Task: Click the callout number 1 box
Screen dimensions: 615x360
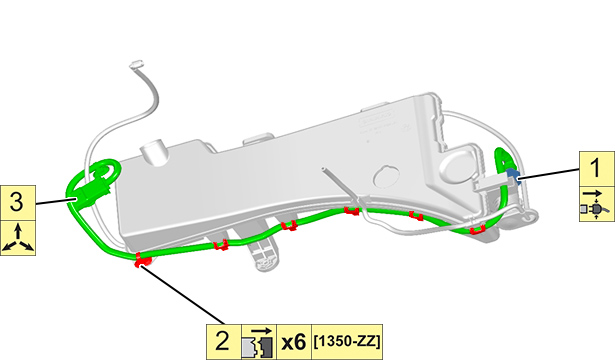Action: (x=597, y=169)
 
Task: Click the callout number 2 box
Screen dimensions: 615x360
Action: (x=224, y=342)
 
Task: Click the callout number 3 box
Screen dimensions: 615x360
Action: (x=18, y=203)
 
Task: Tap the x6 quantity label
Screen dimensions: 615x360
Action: (x=294, y=342)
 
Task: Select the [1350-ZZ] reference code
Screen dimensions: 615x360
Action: (x=347, y=342)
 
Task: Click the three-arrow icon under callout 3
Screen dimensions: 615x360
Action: (x=18, y=238)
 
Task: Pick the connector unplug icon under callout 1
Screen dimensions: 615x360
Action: (x=597, y=204)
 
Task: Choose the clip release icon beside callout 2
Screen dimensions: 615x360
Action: (x=259, y=342)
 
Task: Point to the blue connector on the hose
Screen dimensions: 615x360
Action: (x=513, y=175)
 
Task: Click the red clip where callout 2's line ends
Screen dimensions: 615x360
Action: (x=142, y=260)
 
